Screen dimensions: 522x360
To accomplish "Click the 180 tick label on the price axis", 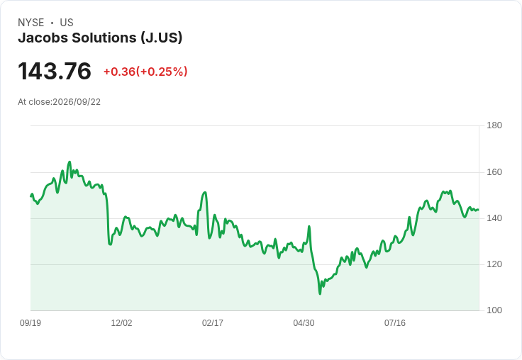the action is [x=494, y=125].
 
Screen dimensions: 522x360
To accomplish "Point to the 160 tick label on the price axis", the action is [x=494, y=172].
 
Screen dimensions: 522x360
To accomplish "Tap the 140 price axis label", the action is [x=494, y=218].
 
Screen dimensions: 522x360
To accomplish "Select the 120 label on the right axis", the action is [x=494, y=264].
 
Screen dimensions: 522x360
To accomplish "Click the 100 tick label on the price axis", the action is [x=494, y=310].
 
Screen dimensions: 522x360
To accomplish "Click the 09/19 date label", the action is [x=30, y=322].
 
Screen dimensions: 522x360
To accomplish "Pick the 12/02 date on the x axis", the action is [x=121, y=322].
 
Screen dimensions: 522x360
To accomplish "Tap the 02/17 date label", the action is [x=213, y=322].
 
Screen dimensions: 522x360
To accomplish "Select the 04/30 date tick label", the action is [x=304, y=322].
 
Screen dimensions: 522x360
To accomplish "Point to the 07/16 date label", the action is [x=395, y=322].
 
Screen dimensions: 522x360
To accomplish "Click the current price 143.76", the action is [x=55, y=71].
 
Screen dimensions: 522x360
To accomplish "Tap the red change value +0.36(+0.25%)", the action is [x=145, y=72].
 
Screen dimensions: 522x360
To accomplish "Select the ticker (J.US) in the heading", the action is [x=161, y=38].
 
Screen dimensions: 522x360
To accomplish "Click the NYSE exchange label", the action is [x=31, y=23].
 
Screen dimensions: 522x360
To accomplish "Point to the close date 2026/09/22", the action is [x=77, y=102].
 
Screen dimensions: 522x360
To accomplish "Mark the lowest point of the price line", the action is [x=320, y=294].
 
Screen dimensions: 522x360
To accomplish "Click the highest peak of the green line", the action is [x=70, y=162].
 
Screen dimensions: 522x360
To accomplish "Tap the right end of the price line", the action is [x=479, y=210].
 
